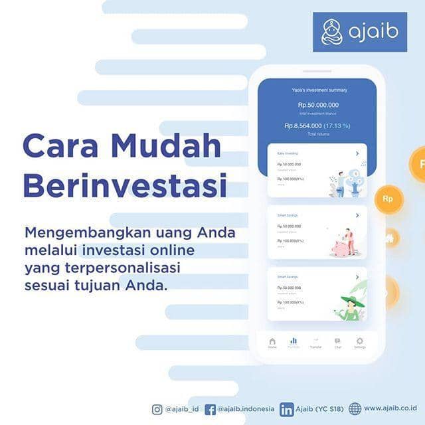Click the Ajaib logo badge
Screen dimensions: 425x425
pyautogui.click(x=359, y=32)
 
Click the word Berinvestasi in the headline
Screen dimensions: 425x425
pyautogui.click(x=124, y=185)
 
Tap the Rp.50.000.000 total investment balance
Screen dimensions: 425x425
pyautogui.click(x=318, y=105)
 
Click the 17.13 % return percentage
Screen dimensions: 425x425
pyautogui.click(x=337, y=126)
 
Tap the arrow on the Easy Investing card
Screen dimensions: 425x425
pyautogui.click(x=357, y=153)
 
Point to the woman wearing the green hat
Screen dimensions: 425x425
pyautogui.click(x=350, y=307)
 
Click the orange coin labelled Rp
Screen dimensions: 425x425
pyautogui.click(x=388, y=199)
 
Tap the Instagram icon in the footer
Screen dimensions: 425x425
pyautogui.click(x=157, y=409)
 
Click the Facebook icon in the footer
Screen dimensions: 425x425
pyautogui.click(x=210, y=409)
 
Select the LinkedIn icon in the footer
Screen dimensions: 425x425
pyautogui.click(x=286, y=409)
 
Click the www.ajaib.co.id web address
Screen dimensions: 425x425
pyautogui.click(x=390, y=408)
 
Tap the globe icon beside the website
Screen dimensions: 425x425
pyautogui.click(x=355, y=409)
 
